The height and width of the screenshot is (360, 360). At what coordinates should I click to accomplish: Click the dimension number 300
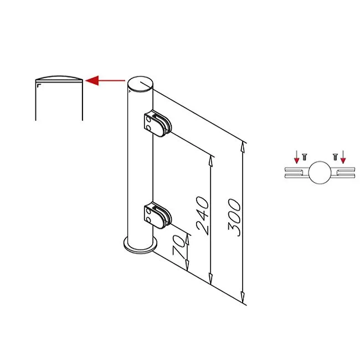[x=234, y=218]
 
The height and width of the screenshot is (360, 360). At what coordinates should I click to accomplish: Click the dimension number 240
[x=203, y=215]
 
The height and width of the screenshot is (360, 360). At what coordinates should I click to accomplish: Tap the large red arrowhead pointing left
[x=92, y=80]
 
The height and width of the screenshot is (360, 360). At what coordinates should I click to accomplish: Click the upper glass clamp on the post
[x=157, y=124]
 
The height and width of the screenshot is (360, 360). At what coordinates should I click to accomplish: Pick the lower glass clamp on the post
[x=157, y=215]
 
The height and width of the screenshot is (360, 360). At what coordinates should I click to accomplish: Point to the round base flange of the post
[x=140, y=246]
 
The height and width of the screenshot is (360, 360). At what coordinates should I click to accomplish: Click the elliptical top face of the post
[x=140, y=84]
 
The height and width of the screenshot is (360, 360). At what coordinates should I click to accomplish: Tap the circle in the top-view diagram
[x=320, y=173]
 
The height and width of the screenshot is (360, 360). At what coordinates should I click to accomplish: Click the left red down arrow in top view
[x=297, y=157]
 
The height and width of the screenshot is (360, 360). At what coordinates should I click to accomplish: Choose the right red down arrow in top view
[x=343, y=157]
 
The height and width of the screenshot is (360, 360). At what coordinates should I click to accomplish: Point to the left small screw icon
[x=304, y=157]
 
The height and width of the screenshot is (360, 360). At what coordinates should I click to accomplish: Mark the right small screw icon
[x=335, y=157]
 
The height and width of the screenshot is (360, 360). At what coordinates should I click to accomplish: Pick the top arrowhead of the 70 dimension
[x=187, y=239]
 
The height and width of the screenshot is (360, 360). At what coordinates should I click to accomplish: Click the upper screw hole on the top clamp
[x=149, y=120]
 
